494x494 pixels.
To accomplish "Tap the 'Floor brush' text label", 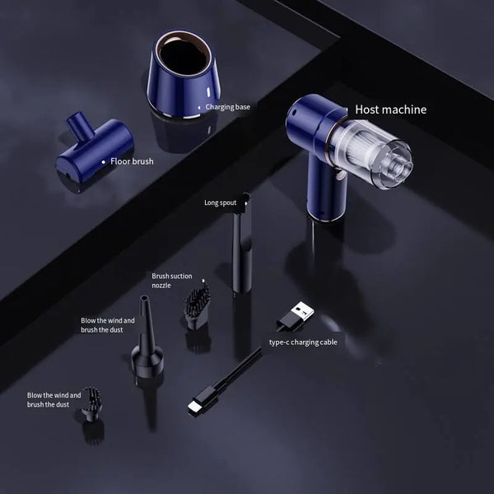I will [x=132, y=162].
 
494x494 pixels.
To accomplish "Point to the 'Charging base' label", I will [x=227, y=106].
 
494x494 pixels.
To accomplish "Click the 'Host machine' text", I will [x=390, y=109].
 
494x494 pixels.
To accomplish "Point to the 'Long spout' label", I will [x=221, y=201].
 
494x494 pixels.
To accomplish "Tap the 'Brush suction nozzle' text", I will [x=171, y=281].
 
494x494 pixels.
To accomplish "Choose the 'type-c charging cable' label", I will [x=302, y=341].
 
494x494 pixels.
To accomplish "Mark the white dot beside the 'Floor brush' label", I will [x=103, y=162].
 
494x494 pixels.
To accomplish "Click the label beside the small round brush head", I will [x=54, y=400].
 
